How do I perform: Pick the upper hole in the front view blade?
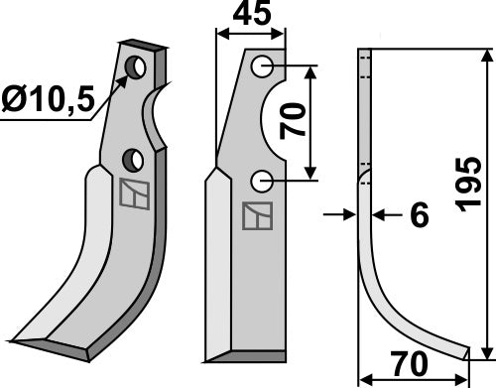tap(262, 66)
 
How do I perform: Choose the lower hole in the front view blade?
tap(262, 181)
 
